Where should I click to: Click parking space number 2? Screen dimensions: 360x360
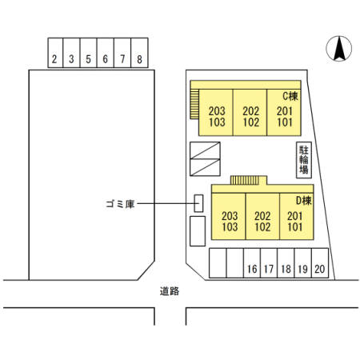tap(55, 53)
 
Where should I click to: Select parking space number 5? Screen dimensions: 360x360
tap(88, 53)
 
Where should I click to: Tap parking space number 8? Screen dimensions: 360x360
tap(139, 53)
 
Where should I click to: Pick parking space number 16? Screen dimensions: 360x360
tap(252, 263)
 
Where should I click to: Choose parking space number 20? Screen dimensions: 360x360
tap(320, 263)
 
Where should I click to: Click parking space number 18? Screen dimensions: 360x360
tap(286, 263)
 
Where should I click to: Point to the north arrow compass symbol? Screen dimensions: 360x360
tap(339, 49)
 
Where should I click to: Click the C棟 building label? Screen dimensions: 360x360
tap(290, 96)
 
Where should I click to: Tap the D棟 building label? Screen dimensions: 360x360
tap(304, 201)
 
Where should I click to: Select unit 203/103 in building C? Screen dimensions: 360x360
tap(216, 113)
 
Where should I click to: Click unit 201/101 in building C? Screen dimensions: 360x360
tap(284, 113)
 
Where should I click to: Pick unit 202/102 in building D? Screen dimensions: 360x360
tap(262, 217)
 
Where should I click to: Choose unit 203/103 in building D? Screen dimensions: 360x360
tap(229, 217)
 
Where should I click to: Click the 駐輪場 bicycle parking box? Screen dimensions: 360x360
tap(304, 160)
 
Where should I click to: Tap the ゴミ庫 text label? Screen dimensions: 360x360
tap(120, 204)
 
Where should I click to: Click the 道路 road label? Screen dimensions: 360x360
tap(170, 291)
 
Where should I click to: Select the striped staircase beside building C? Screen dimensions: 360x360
tap(194, 104)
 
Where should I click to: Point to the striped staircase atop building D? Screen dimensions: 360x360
tap(245, 180)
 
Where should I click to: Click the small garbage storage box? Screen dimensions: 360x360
tap(198, 203)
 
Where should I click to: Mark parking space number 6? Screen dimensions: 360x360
tap(106, 53)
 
